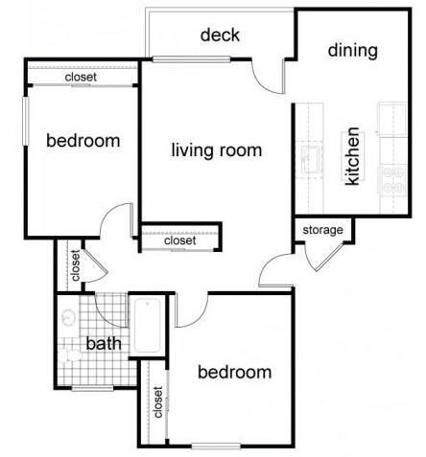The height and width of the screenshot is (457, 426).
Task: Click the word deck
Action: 220,35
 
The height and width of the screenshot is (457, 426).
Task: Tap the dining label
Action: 353,51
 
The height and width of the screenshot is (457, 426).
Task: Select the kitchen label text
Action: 353,156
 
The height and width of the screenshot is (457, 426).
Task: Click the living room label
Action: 217,150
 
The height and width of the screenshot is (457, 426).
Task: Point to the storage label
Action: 322,230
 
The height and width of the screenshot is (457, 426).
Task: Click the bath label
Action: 104,344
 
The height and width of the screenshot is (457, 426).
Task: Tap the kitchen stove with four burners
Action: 392,180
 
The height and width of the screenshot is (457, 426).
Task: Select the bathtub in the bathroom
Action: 147,326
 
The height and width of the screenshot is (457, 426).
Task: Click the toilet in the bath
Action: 70,355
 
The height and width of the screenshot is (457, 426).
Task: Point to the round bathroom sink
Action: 68,317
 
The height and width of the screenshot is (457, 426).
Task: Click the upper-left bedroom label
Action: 83,141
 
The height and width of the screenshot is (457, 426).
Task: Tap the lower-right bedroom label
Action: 235,373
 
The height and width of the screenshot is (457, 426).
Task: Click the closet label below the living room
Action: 180,240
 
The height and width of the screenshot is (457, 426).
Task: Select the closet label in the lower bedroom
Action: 158,402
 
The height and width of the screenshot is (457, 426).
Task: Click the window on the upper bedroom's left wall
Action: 26,121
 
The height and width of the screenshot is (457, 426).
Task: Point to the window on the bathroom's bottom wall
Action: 92,388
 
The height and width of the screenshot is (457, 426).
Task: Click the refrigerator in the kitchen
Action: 392,119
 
